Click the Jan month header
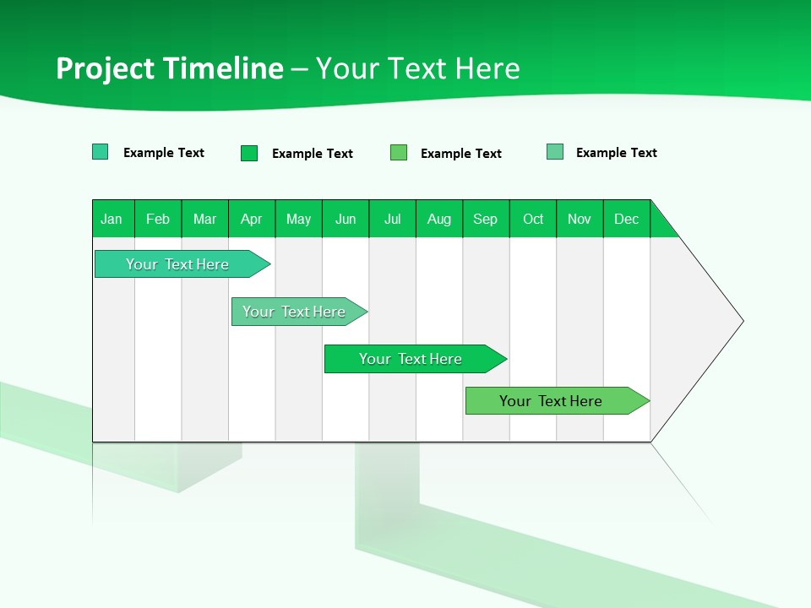112,219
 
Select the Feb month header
158,219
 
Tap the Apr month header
251,219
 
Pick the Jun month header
346,219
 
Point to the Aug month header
439,219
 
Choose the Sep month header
485,219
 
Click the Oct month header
533,219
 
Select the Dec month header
627,219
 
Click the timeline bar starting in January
177,264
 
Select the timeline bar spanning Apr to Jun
294,312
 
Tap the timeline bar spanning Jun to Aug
411,359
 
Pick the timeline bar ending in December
551,401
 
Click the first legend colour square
101,152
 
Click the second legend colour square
249,153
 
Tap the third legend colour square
399,152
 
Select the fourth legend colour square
555,152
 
